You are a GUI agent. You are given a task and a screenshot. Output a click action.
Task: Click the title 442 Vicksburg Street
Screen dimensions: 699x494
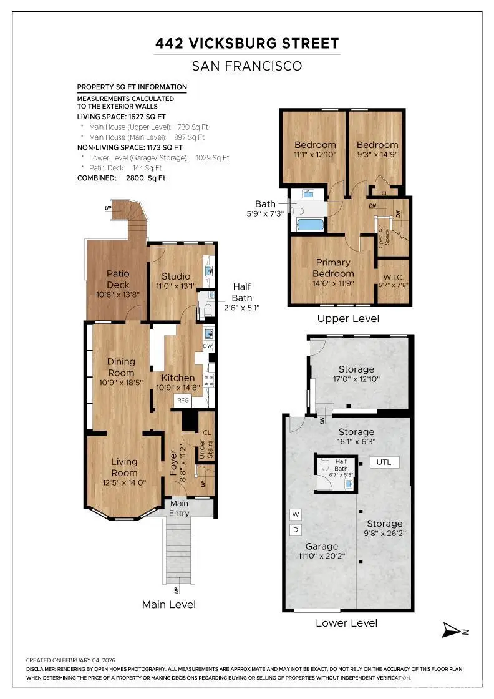247,44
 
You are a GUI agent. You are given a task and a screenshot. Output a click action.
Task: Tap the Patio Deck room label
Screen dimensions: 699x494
118,274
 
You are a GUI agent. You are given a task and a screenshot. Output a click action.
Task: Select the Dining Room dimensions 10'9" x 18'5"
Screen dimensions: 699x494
121,383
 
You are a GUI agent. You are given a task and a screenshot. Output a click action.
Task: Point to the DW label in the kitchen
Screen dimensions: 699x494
208,346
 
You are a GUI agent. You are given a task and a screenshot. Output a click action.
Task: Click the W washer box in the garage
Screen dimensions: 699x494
296,514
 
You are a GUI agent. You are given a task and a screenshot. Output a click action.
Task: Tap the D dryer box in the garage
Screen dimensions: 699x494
296,530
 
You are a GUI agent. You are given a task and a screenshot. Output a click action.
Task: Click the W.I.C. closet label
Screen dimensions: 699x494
394,276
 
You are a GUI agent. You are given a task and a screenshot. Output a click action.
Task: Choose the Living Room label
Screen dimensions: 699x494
124,462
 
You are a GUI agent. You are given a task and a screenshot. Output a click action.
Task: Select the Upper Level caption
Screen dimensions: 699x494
348,318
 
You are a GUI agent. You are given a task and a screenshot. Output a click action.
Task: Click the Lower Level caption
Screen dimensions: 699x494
346,622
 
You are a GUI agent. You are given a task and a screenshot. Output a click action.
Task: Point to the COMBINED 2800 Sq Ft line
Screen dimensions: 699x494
121,178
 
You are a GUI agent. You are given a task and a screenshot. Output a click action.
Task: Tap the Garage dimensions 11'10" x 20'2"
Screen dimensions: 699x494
322,555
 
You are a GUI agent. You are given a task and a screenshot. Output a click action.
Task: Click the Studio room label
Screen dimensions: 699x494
176,276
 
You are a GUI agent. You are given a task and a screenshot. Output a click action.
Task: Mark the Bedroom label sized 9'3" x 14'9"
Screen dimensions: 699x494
377,145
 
